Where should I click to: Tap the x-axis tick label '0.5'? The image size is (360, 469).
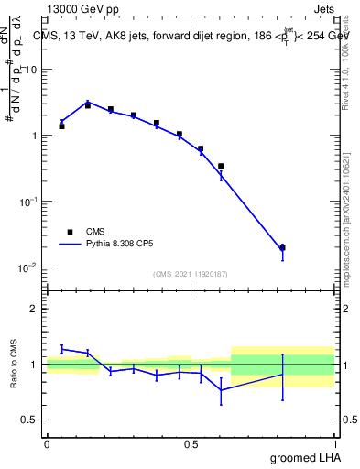[191, 444]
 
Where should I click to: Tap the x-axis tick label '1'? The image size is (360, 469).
[335, 444]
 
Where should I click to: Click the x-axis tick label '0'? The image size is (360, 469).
[47, 444]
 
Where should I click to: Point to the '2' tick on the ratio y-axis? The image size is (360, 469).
[35, 309]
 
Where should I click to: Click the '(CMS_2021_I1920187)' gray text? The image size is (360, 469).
[191, 273]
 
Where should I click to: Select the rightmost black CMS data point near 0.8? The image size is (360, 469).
[282, 247]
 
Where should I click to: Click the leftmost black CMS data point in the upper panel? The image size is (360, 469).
[61, 126]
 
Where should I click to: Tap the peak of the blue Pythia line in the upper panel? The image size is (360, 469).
[88, 102]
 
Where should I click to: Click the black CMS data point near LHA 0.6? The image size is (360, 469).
[221, 166]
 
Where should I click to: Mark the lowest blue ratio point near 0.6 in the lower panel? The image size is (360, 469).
[221, 390]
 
